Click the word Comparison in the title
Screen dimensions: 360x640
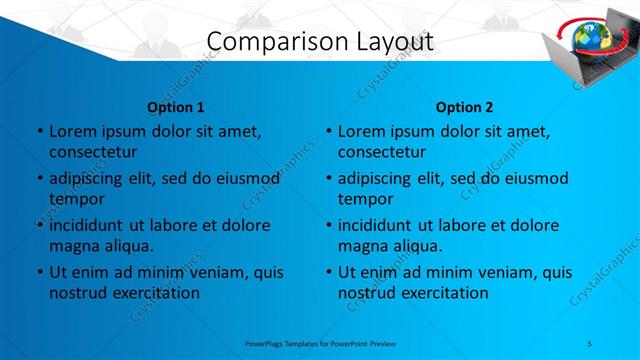262,41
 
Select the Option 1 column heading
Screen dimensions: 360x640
175,107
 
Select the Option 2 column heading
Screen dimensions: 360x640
464,107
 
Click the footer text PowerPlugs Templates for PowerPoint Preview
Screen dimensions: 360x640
320,343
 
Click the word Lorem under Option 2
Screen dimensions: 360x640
363,131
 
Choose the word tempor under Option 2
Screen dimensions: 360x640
366,199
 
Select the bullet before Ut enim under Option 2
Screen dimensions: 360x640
328,272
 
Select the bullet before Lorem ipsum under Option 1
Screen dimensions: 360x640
39,131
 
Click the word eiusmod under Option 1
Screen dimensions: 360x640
246,178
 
